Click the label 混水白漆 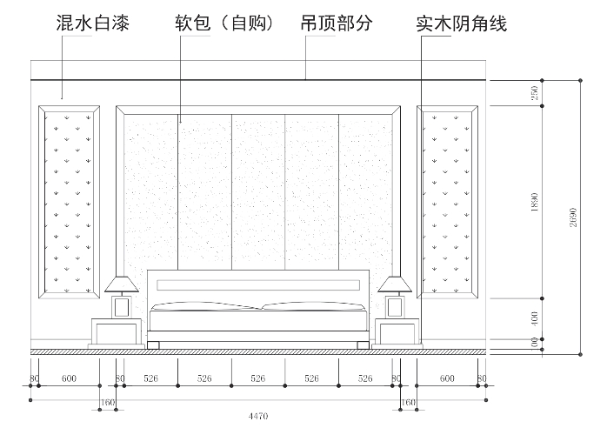click(x=92, y=23)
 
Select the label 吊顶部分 click(x=337, y=23)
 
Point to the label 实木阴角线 click(x=462, y=24)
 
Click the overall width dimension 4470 click(x=258, y=417)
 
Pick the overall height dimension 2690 click(x=573, y=217)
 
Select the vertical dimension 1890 click(x=535, y=202)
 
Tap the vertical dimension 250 click(x=535, y=93)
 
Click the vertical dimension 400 click(x=535, y=318)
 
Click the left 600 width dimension click(x=69, y=378)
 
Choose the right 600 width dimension click(x=447, y=378)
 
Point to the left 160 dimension click(x=108, y=403)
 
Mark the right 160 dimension click(x=408, y=403)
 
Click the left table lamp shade click(x=122, y=284)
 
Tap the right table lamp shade click(x=395, y=284)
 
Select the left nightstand click(x=117, y=333)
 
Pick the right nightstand click(x=397, y=333)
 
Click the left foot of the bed click(x=153, y=345)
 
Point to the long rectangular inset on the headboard click(x=258, y=285)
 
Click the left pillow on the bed click(x=205, y=306)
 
